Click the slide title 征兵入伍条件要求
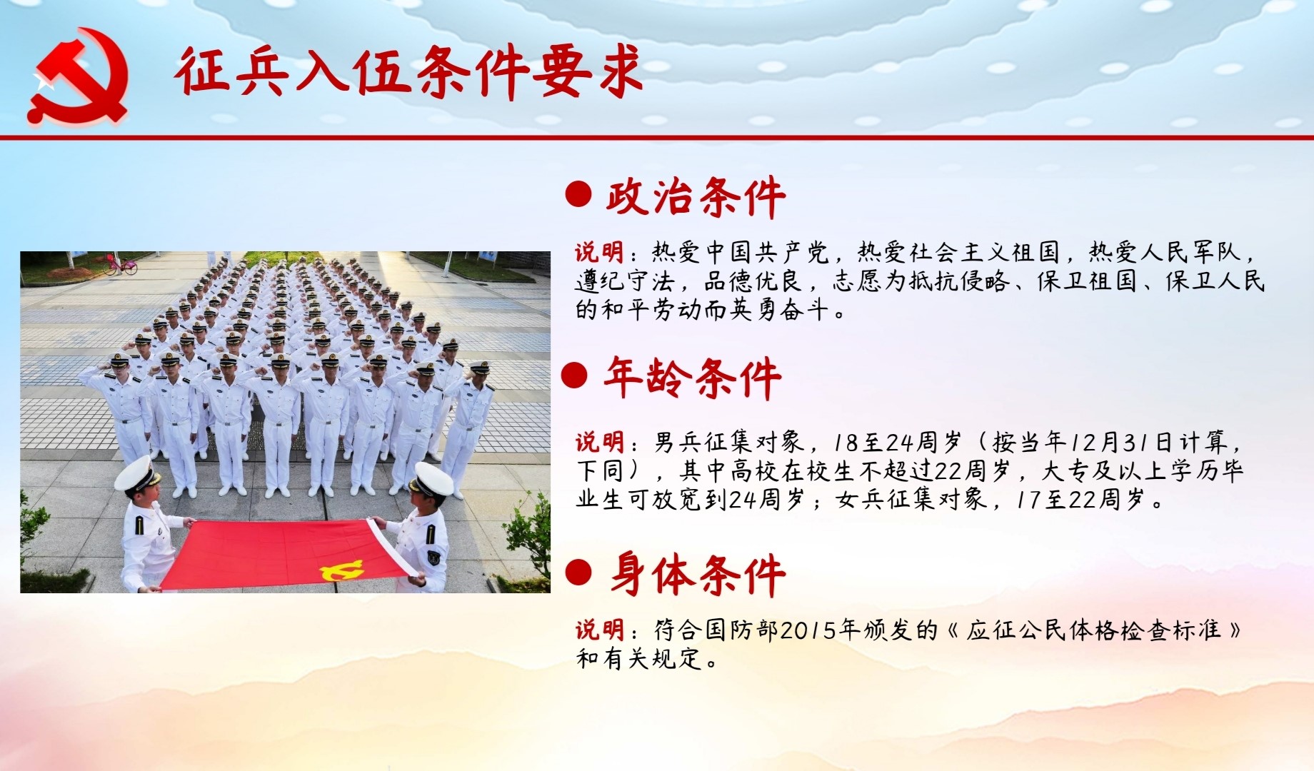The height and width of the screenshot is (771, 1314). [408, 71]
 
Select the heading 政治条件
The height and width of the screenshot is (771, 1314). [696, 196]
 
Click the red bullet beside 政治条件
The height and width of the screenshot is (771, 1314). [578, 194]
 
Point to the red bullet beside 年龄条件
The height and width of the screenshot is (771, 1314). [574, 375]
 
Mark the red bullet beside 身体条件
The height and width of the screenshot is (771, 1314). [578, 572]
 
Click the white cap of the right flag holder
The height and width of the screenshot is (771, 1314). [433, 479]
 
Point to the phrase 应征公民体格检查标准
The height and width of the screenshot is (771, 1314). [1093, 630]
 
